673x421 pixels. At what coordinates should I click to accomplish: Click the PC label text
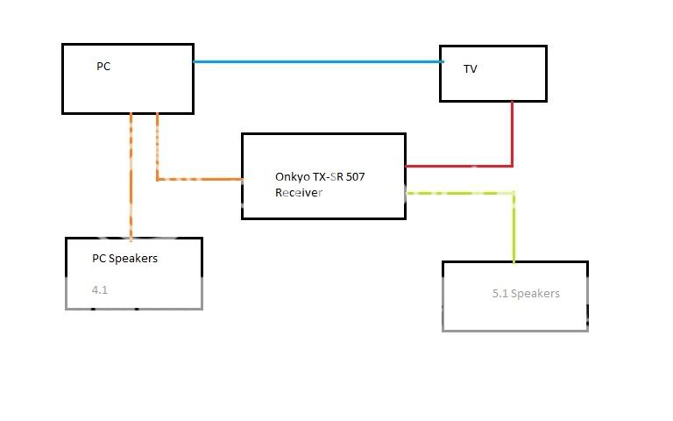pos(102,67)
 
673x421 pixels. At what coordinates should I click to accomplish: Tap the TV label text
pos(471,69)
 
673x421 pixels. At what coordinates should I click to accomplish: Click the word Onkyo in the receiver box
pos(291,176)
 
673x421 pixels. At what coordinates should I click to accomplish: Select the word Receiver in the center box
pos(299,192)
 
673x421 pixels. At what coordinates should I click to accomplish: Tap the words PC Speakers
pos(125,259)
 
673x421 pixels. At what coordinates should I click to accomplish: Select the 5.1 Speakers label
pos(526,294)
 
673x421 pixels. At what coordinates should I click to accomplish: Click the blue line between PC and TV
pos(315,61)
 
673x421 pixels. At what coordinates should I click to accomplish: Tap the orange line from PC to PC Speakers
pos(131,175)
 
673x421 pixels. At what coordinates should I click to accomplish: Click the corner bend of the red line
pos(512,165)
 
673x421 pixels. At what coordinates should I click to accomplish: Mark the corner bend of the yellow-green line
pos(514,193)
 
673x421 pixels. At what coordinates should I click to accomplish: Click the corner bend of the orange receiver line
pos(158,179)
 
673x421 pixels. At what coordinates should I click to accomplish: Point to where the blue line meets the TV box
pos(441,61)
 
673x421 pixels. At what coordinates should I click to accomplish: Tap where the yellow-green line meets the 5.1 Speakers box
pos(514,260)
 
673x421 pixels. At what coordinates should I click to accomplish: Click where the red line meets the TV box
pos(512,102)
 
